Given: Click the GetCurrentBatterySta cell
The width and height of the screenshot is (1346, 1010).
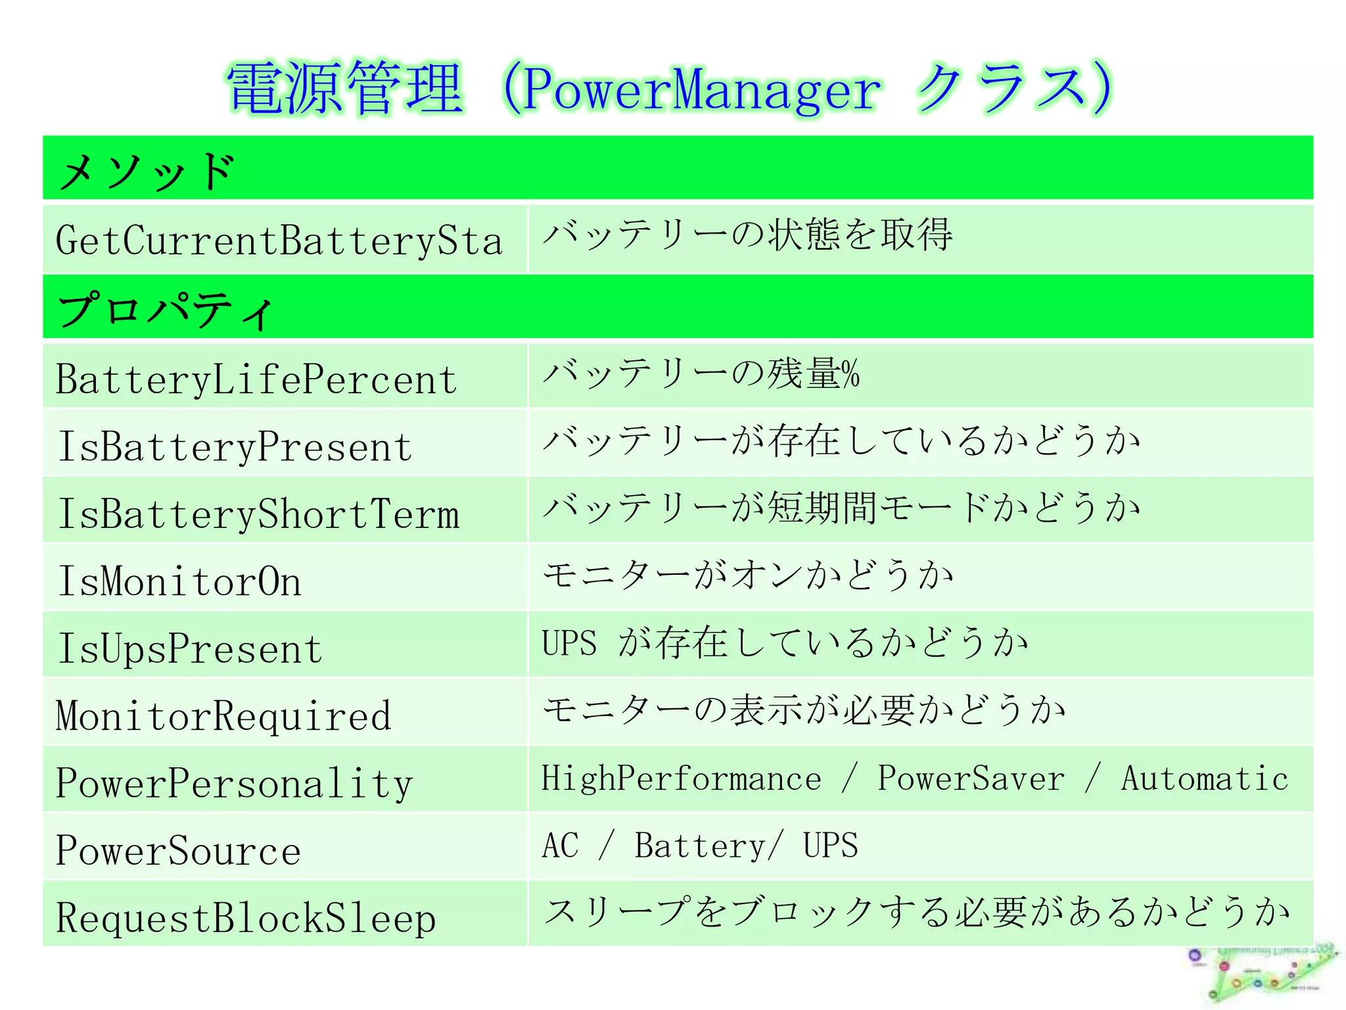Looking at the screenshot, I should pos(279,241).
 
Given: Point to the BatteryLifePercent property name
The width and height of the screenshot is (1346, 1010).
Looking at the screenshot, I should pos(256,379).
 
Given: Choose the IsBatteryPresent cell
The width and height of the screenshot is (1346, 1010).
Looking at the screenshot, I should pos(235,447).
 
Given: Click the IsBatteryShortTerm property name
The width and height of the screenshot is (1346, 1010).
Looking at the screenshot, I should pos(258,514).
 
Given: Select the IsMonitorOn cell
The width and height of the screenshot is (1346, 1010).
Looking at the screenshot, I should pos(179,582).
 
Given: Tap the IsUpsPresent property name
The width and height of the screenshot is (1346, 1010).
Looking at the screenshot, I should pos(190,649).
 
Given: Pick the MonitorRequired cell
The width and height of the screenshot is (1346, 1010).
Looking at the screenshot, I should pos(223,716).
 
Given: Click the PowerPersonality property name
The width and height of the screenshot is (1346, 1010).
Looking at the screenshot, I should pos(234,784).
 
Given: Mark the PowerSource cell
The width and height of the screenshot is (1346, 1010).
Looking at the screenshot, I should pos(178,851).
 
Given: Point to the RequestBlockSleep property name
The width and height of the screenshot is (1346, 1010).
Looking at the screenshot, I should pos(246,919).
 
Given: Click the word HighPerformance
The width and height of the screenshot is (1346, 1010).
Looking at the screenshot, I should pos(681,779).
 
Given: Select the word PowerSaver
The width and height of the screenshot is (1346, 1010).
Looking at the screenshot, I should pos(971,779).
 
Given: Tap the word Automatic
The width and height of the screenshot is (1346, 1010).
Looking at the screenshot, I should pos(1204,779).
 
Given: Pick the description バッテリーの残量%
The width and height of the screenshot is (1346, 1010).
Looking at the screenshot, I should pos(701,374).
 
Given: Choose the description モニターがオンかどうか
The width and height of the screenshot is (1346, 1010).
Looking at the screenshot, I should pos(747,575).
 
